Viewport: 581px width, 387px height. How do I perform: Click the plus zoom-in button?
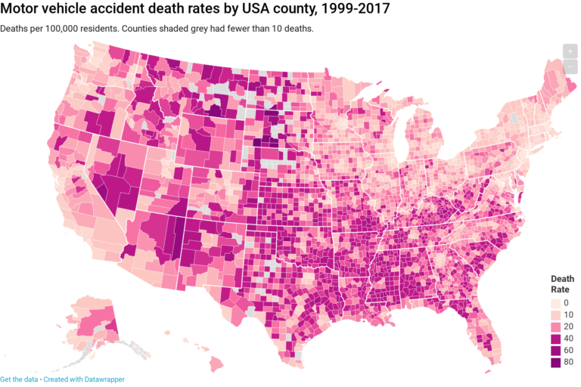tap(570, 51)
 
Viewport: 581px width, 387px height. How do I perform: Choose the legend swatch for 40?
tap(556, 338)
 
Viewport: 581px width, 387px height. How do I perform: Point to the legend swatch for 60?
tap(556, 350)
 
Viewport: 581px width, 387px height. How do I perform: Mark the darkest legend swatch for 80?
tap(556, 362)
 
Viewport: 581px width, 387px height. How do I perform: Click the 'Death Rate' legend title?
tap(561, 283)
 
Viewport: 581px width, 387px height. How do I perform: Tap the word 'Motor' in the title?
tap(22, 10)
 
